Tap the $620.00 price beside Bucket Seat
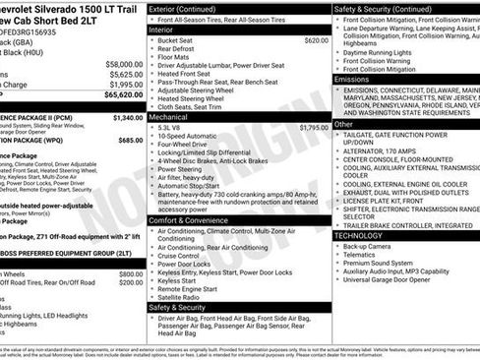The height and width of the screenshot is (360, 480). pos(316,40)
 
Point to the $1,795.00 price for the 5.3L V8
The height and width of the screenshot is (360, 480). pos(313,128)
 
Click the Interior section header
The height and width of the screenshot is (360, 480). pos(168,30)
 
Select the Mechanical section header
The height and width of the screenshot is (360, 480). pos(172,117)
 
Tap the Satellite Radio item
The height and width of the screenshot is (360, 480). pos(185,297)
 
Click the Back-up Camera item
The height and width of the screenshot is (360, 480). pos(375,247)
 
